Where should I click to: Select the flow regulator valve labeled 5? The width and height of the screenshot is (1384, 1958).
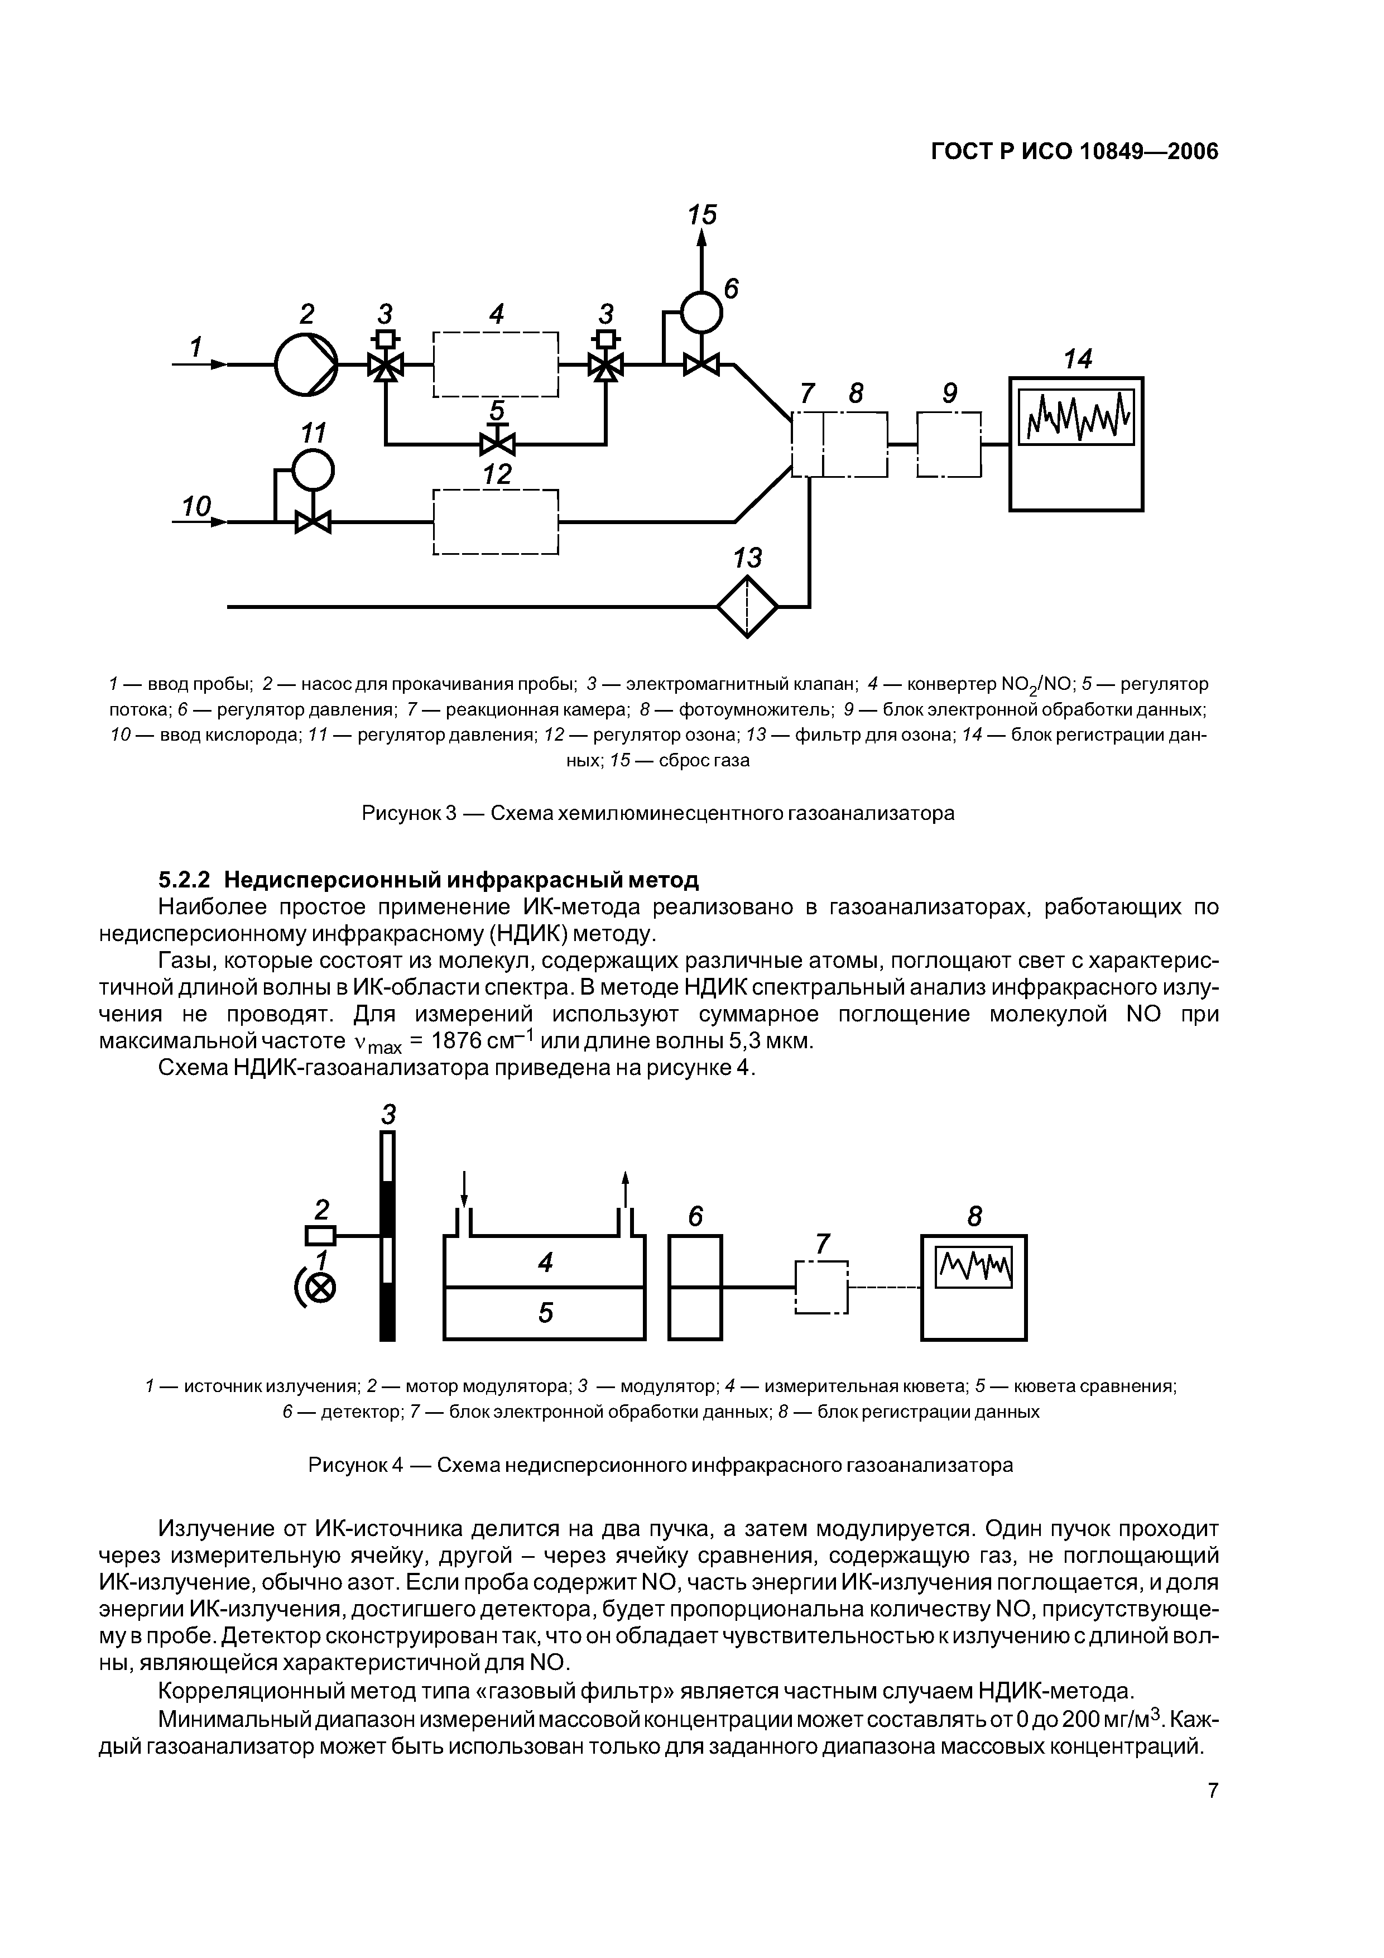[x=497, y=443]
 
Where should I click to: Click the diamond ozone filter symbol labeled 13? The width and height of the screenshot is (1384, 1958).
[x=747, y=606]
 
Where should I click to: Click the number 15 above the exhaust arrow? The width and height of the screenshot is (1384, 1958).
[x=703, y=215]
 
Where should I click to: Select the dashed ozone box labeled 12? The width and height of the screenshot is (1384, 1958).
[x=496, y=522]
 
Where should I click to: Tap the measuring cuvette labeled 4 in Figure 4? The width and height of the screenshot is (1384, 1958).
[x=545, y=1262]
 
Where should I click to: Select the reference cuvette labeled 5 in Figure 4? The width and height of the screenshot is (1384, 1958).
[x=545, y=1312]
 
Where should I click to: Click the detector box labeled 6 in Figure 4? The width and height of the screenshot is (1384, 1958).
[x=695, y=1287]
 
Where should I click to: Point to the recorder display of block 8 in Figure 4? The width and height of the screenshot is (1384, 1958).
[x=974, y=1268]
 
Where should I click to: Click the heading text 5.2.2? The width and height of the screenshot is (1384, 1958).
[x=186, y=879]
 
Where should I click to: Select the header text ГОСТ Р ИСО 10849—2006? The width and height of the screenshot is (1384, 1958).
[x=1074, y=152]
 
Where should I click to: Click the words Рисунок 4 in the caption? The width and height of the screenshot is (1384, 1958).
[x=354, y=1465]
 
